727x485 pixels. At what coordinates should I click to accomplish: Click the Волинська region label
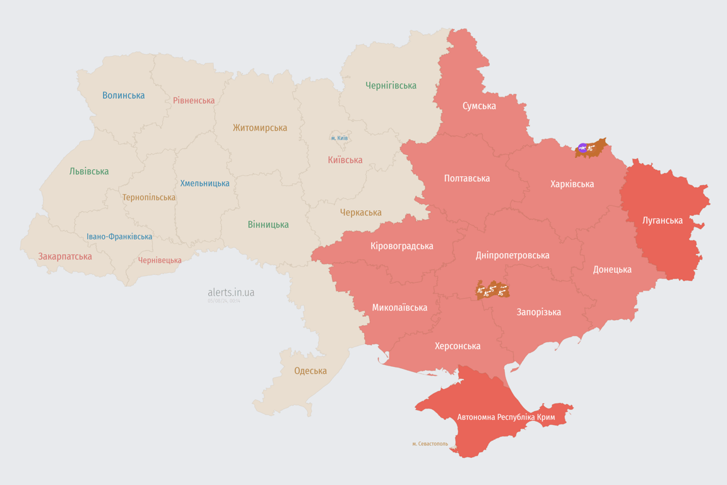point(124,95)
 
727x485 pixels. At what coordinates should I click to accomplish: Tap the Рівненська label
point(194,100)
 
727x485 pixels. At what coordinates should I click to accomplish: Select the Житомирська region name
point(259,128)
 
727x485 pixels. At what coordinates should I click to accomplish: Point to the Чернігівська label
point(391,85)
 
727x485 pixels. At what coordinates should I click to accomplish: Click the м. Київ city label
point(339,138)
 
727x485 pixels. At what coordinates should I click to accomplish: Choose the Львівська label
point(89,171)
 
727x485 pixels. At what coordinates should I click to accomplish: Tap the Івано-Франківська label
point(119,237)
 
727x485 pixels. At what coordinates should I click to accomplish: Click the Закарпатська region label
point(65,256)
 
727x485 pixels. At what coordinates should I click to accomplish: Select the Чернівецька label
point(160,260)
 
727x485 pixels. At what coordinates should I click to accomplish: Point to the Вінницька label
point(268,224)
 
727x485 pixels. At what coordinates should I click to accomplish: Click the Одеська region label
point(310,371)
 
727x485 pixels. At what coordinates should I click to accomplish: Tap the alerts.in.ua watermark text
point(231,292)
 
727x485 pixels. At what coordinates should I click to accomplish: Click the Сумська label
point(479,105)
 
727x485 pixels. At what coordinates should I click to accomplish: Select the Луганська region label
point(663,220)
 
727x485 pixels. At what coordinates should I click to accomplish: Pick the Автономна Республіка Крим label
point(507,417)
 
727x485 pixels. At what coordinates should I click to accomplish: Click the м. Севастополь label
point(430,444)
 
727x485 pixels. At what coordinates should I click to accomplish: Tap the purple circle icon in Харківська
point(582,148)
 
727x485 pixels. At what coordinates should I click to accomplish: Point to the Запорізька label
point(538,312)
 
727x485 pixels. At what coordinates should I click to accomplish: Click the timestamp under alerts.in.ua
point(224,301)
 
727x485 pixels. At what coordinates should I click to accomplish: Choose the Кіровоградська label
point(402,246)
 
